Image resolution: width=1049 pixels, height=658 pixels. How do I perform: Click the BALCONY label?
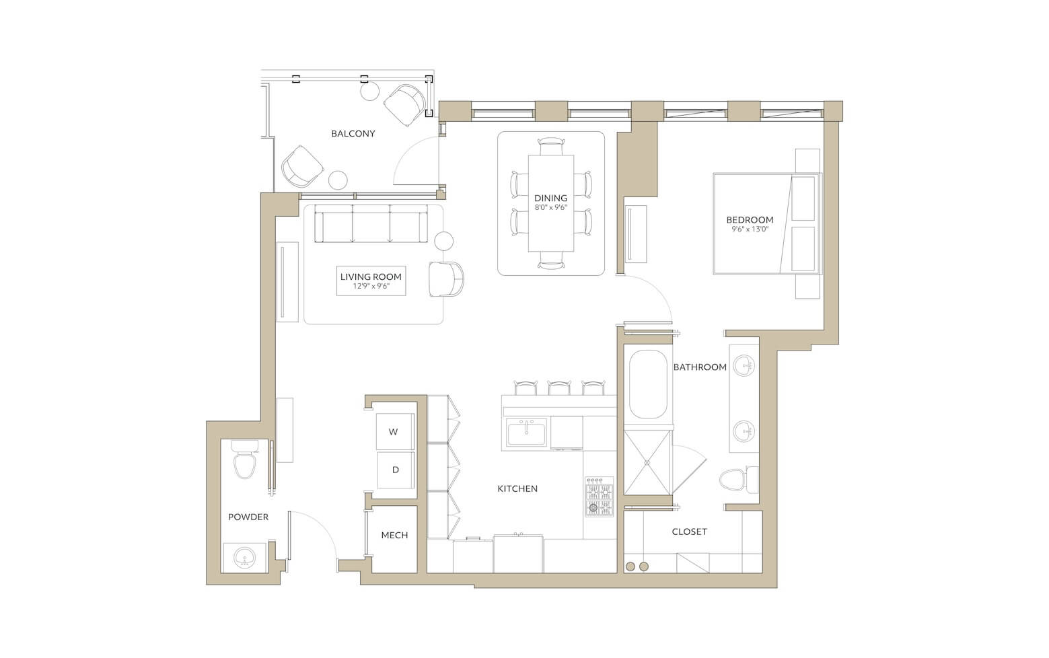coord(353,133)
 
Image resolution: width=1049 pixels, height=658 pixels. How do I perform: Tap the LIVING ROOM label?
coord(371,277)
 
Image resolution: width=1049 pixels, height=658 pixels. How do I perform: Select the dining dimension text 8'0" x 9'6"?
coord(550,207)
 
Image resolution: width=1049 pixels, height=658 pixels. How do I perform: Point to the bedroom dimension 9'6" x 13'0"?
coord(750,229)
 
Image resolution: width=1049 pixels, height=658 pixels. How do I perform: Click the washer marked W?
coord(395,431)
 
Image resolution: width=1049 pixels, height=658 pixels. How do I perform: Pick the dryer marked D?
coord(396,470)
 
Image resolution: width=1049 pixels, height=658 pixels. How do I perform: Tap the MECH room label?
coord(394,535)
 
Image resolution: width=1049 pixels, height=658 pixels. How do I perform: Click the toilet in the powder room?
coord(244,460)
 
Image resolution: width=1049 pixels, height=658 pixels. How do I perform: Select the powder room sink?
coord(244,558)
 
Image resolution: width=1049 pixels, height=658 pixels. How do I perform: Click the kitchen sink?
coord(526,431)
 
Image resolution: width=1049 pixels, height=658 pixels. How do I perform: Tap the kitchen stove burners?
coord(599,497)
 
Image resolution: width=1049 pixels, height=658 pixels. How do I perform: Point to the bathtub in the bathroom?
coord(648,384)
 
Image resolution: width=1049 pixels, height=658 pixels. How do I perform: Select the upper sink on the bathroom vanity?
coord(744,365)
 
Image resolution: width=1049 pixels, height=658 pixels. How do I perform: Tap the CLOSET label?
coord(689,532)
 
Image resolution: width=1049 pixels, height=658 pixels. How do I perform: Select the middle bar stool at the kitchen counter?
coord(559,388)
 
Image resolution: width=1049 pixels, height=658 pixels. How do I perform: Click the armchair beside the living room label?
coord(447,279)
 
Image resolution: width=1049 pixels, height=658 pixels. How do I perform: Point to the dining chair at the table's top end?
coord(550,146)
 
